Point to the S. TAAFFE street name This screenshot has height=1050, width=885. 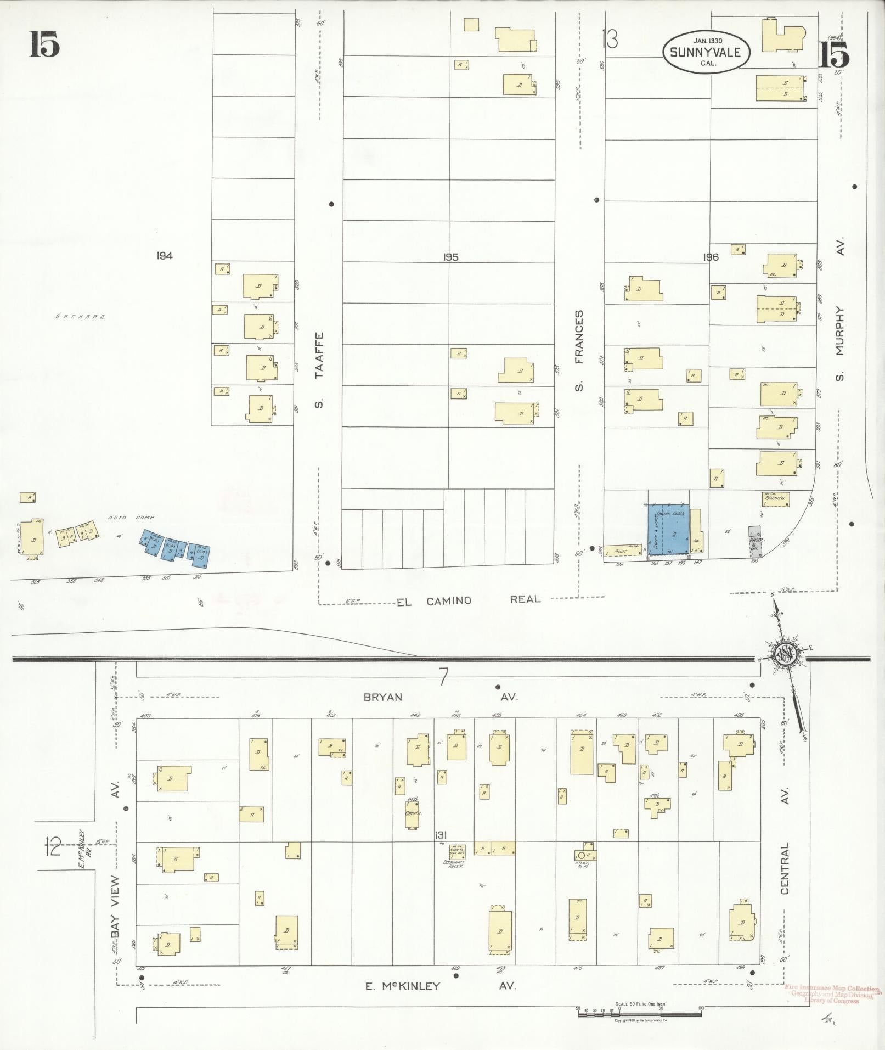coord(320,370)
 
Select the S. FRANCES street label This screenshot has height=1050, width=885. coord(579,351)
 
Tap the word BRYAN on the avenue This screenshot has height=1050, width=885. coord(383,697)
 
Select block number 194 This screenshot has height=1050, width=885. coord(164,256)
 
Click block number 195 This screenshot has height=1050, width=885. coord(450,257)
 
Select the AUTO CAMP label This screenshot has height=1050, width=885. coord(132,518)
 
